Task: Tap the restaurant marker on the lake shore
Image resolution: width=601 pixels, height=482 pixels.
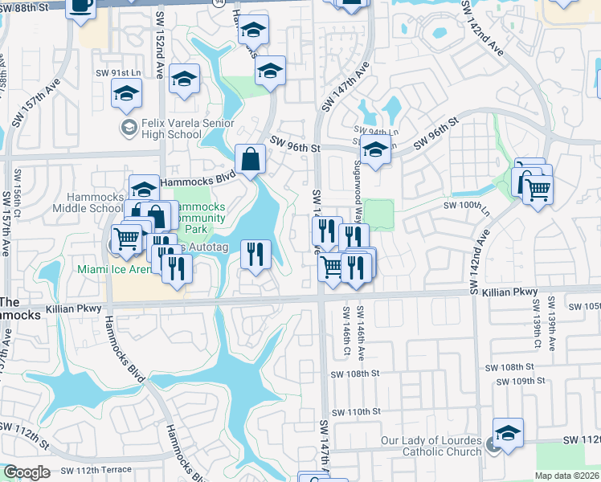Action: [256, 255]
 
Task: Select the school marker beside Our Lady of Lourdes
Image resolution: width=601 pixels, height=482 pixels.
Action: [508, 434]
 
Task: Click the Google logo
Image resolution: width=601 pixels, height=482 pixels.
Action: [27, 472]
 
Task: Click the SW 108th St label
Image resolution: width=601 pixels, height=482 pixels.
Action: [354, 374]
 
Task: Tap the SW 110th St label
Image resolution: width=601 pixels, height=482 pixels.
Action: [354, 411]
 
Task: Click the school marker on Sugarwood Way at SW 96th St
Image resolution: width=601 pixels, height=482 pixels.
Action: [374, 149]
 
